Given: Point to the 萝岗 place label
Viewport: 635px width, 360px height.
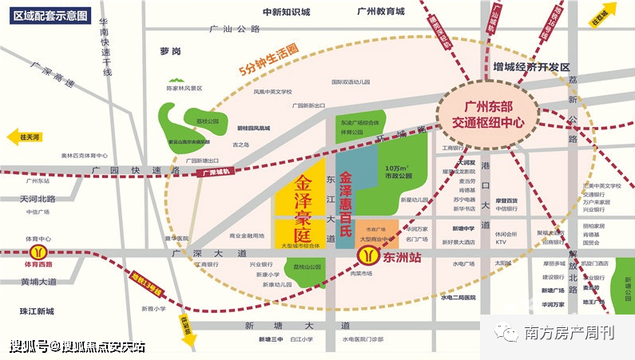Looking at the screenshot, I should click(x=170, y=50).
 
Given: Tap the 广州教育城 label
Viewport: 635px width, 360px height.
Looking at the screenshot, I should click(x=381, y=12).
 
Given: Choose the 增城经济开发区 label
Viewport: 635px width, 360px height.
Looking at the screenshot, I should click(x=531, y=66).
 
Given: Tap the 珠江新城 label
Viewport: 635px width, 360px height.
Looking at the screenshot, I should click(x=38, y=311).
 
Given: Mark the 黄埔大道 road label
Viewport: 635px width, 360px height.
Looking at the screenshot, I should click(x=38, y=282).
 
